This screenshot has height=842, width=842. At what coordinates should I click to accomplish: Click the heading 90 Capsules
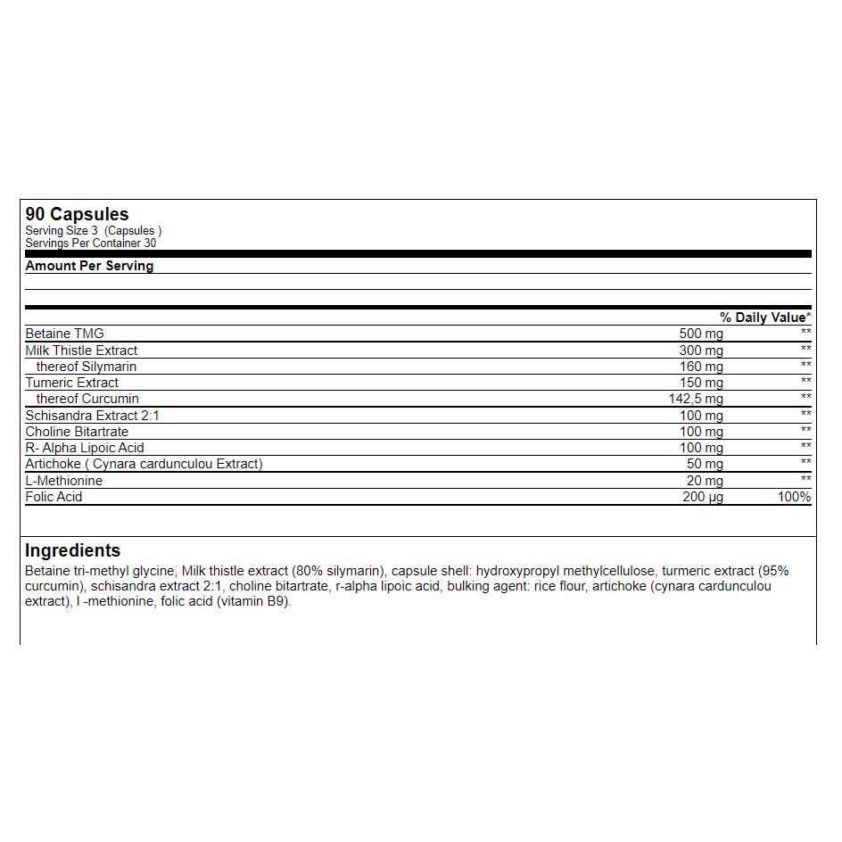77,214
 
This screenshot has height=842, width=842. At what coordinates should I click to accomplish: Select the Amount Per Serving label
89,266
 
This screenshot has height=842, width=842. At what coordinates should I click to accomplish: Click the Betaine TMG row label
64,334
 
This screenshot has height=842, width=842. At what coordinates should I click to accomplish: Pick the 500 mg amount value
701,334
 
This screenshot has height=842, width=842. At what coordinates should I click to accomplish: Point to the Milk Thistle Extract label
81,351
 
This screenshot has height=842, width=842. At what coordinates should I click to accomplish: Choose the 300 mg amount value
701,351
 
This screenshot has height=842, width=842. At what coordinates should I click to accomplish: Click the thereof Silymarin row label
87,367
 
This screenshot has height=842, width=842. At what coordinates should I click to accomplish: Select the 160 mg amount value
701,367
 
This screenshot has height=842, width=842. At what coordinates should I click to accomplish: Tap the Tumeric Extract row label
71,383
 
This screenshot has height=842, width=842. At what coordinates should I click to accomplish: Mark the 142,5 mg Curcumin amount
696,399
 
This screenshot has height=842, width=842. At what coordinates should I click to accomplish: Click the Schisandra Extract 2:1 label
92,416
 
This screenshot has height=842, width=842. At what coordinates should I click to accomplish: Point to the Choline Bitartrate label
77,432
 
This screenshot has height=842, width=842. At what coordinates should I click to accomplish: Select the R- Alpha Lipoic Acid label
85,448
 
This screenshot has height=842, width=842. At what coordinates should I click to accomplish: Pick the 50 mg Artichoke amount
705,464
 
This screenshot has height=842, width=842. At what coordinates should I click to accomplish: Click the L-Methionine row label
63,481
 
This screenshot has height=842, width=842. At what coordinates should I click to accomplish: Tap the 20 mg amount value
705,481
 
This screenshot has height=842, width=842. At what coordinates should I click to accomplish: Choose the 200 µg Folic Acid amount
703,497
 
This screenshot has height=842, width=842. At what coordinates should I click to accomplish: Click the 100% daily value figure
794,497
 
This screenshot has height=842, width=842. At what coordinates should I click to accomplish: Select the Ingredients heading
72,550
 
